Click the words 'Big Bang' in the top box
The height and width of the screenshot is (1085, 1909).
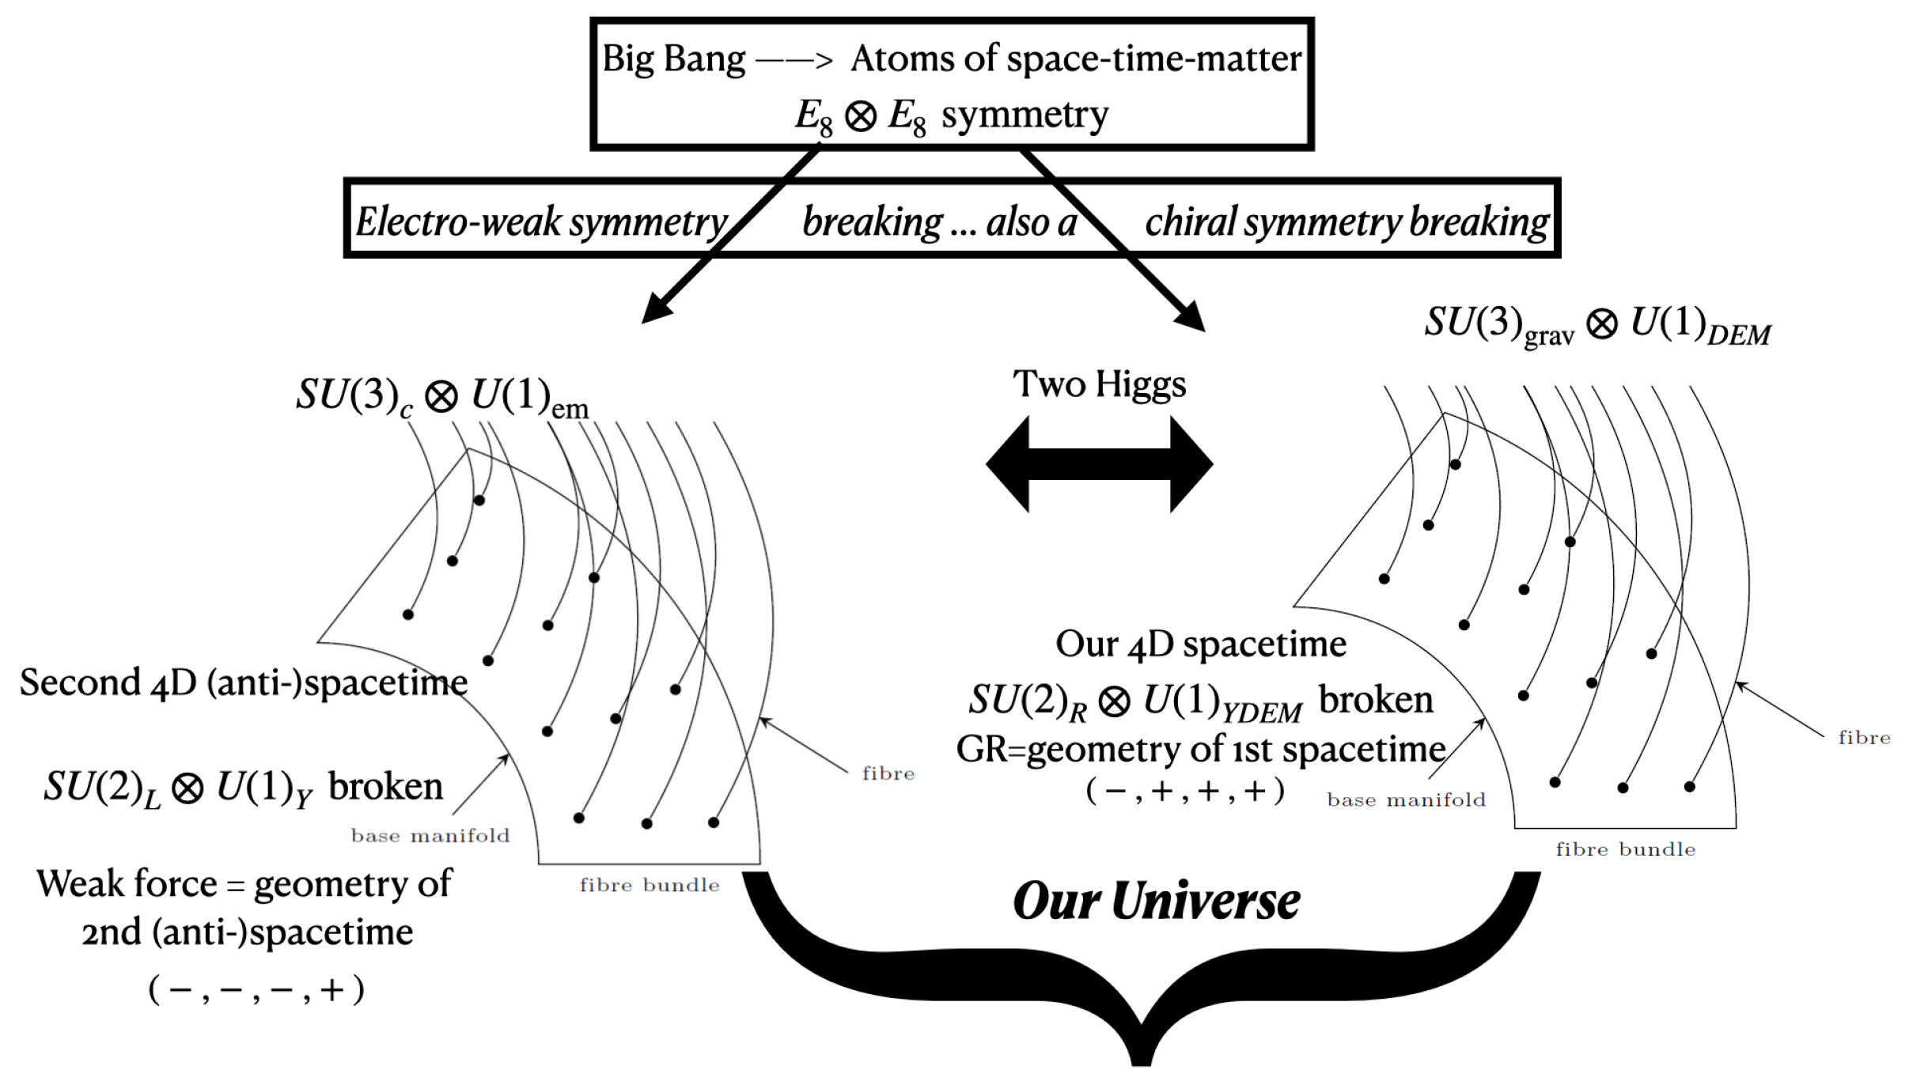[673, 59]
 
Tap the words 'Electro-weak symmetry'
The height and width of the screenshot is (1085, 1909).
[541, 222]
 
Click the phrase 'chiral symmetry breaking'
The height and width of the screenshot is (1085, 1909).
[1347, 222]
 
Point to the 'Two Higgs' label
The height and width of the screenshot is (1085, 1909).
[1099, 384]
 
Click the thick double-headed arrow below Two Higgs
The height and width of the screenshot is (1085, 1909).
[1099, 464]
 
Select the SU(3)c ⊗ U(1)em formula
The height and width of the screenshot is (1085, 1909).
[441, 395]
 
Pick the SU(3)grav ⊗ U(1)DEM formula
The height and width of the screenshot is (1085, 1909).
[1597, 324]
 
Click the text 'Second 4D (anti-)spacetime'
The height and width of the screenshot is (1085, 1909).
[244, 682]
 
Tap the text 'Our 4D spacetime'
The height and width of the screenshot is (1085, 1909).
[1200, 645]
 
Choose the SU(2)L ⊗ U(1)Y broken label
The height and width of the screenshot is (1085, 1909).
[243, 788]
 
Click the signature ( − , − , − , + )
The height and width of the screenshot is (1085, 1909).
[256, 989]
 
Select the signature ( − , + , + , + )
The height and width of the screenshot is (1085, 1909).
[1184, 791]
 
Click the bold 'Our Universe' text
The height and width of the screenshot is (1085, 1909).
[1156, 902]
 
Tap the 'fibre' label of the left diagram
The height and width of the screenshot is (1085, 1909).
[888, 773]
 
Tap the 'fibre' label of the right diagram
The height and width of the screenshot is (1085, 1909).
[1864, 738]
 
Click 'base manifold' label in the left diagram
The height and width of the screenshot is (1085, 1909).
[430, 836]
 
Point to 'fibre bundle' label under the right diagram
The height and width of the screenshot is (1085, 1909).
[1625, 849]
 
